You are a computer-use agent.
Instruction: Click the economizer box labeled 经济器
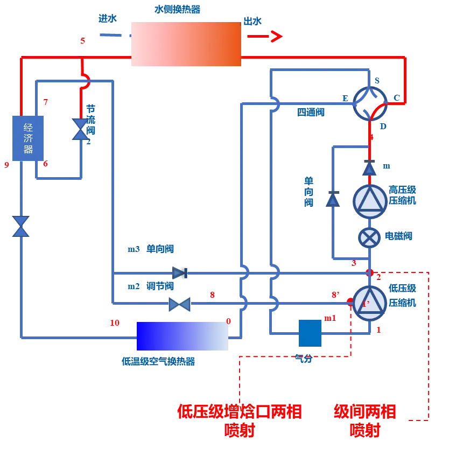(x=28, y=137)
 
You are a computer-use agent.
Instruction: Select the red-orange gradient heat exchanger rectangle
(x=185, y=45)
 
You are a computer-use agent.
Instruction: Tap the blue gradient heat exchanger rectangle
(x=182, y=336)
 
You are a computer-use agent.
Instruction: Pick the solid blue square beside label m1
(x=310, y=334)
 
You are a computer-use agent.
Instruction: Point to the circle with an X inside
(x=370, y=237)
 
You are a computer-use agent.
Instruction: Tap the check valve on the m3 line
(x=180, y=273)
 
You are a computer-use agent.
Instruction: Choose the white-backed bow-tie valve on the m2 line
(x=180, y=305)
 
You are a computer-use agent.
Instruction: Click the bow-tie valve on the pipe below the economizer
(x=20, y=226)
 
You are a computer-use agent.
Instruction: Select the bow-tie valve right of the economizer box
(x=81, y=130)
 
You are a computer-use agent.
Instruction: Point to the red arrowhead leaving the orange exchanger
(x=276, y=37)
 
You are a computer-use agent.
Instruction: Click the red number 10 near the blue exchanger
(x=115, y=323)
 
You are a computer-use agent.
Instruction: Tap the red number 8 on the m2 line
(x=212, y=295)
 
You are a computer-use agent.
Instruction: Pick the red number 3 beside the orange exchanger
(x=82, y=40)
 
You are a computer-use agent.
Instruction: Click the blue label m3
(x=133, y=249)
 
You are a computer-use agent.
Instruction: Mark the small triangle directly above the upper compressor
(x=369, y=169)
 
